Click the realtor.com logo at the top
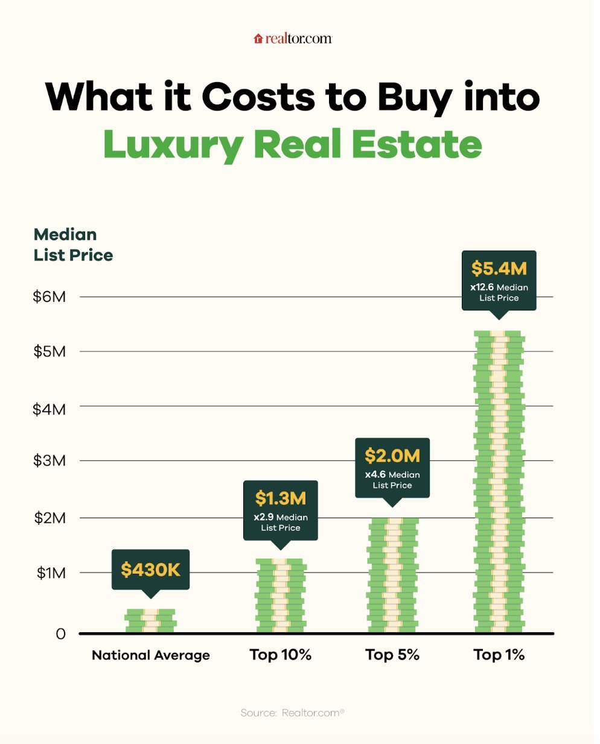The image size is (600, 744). click(293, 39)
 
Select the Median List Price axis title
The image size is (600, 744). click(73, 245)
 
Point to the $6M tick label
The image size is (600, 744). click(49, 297)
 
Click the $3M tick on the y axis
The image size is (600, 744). click(49, 461)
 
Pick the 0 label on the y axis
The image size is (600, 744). click(60, 633)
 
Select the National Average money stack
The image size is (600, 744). click(150, 621)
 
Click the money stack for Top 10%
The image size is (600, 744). click(281, 595)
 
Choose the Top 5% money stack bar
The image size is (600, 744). click(392, 575)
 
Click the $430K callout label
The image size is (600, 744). click(150, 569)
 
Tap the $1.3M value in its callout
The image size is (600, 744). click(280, 499)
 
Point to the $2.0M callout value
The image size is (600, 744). click(392, 456)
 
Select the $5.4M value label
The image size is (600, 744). click(499, 268)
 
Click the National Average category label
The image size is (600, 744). click(151, 655)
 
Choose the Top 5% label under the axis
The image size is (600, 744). click(392, 655)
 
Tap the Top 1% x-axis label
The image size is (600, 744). click(499, 655)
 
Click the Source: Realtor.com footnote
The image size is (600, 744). click(292, 713)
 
